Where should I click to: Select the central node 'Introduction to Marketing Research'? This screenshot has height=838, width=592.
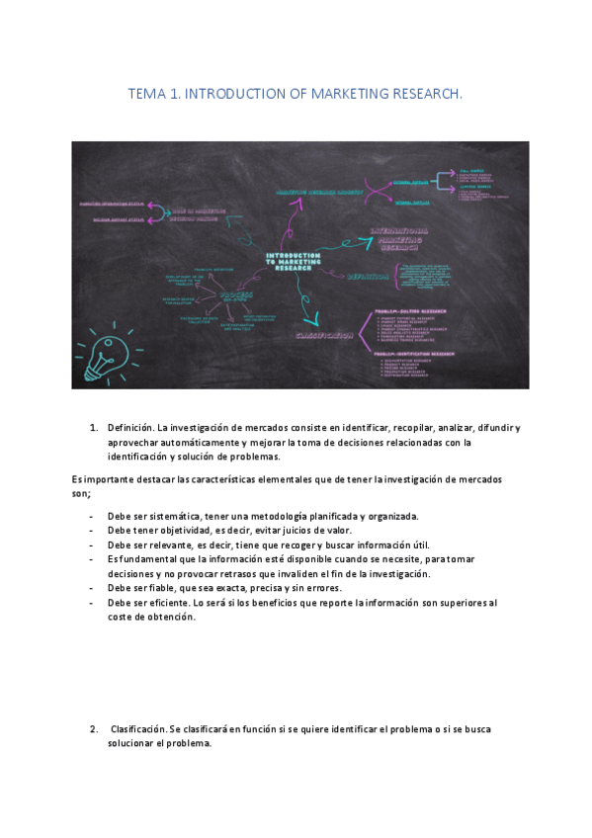coord(296,261)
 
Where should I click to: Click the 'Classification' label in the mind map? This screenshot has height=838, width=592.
coord(323,336)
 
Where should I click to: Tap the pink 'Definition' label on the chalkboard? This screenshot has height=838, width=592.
coord(371,278)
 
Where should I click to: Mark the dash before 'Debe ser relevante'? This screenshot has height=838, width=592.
coord(92,545)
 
